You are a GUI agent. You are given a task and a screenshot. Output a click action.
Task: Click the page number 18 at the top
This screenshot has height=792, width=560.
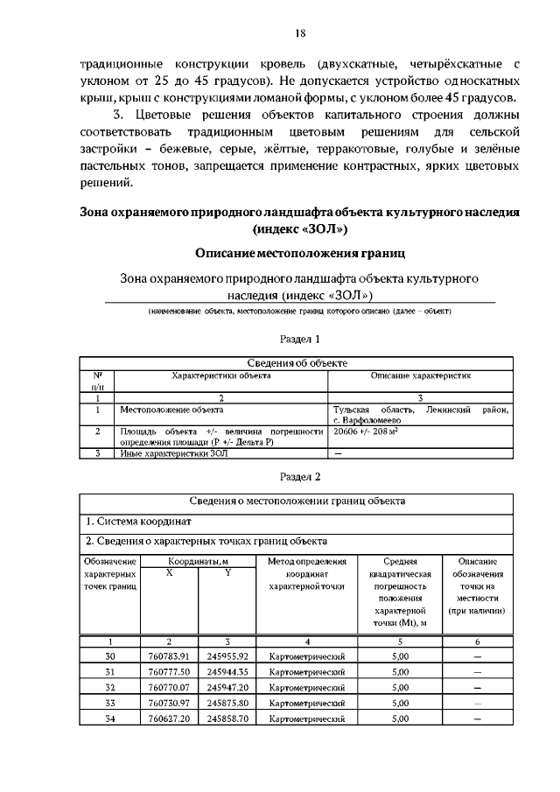point(300,34)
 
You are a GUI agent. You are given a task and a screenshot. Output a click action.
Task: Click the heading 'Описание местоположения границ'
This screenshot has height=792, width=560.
point(300,253)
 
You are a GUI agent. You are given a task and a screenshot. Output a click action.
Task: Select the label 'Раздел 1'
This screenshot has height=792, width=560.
point(300,338)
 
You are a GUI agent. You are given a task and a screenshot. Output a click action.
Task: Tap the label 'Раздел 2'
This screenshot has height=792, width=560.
point(300,477)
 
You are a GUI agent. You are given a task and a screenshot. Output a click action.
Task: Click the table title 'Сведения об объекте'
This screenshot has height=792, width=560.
point(298,363)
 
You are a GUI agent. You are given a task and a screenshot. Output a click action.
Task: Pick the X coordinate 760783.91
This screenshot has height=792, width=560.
point(169,656)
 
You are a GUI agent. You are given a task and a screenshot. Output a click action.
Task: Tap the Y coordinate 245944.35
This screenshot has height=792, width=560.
point(227,672)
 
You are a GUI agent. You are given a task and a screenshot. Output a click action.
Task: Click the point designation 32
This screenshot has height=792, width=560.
point(110,688)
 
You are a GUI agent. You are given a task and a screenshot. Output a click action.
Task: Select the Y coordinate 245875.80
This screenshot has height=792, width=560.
point(227,703)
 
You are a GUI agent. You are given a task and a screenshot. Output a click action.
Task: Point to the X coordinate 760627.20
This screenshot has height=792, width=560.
point(169,718)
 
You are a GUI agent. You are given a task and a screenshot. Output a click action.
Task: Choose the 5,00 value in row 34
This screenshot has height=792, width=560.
point(401,718)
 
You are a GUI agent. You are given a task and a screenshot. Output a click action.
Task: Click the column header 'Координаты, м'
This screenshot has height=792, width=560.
point(199,561)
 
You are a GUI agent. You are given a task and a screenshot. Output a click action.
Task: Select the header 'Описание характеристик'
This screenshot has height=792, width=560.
point(421,375)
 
